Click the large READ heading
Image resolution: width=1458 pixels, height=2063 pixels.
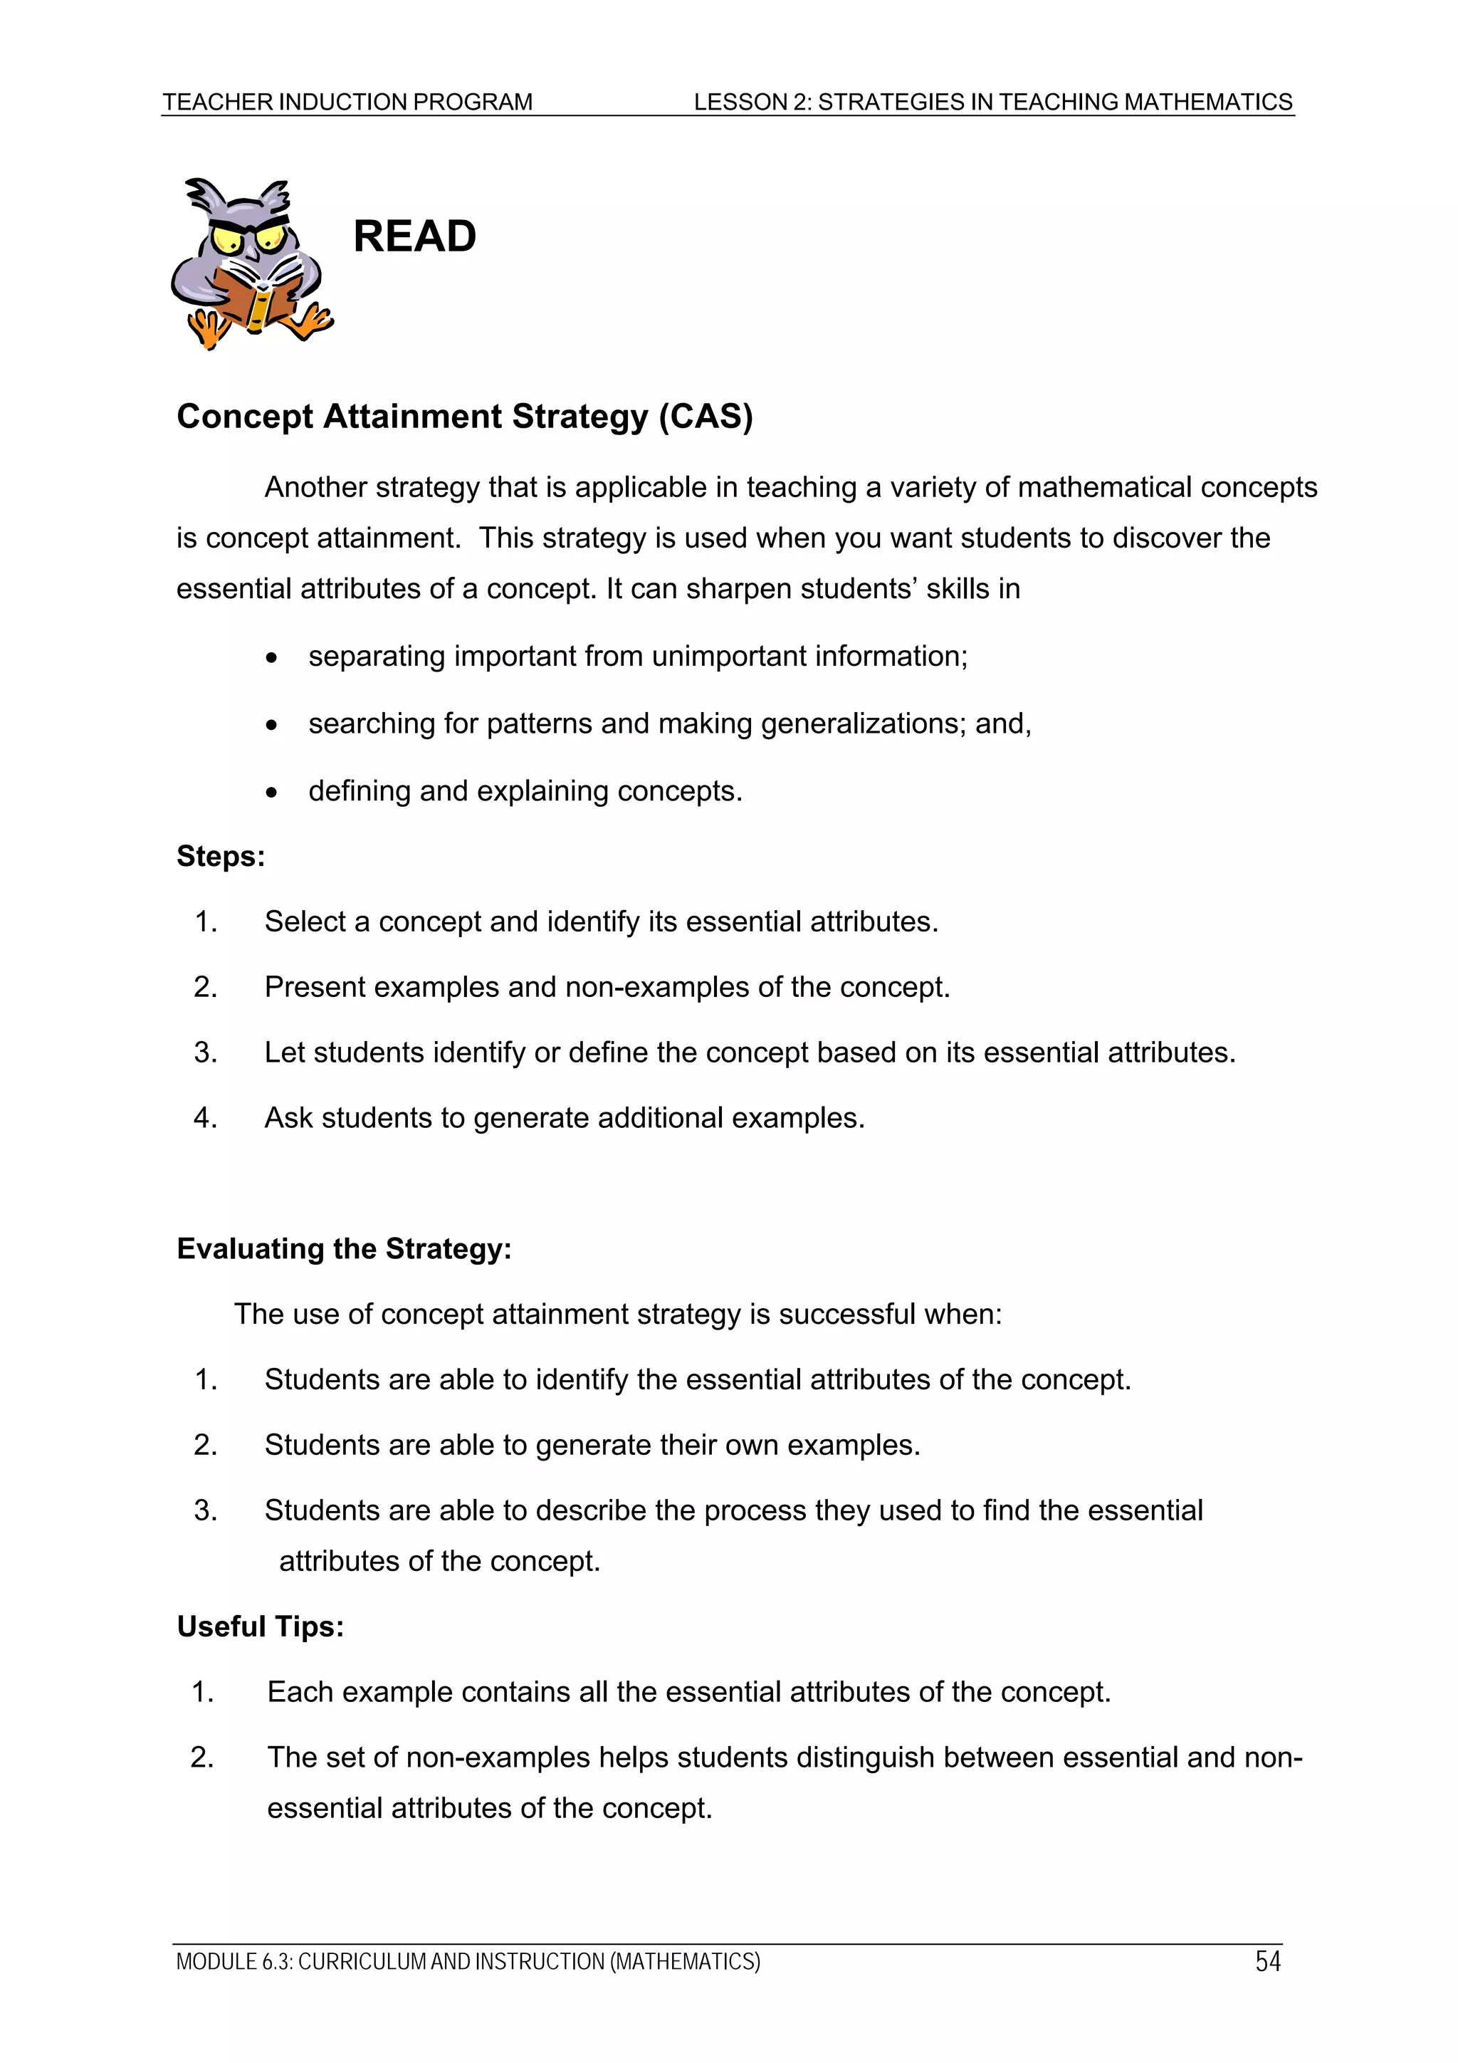pyautogui.click(x=414, y=236)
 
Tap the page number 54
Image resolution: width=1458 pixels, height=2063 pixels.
pyautogui.click(x=1267, y=1960)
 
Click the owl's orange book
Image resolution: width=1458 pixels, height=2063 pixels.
pyautogui.click(x=254, y=298)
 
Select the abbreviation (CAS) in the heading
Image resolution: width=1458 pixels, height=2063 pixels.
pyautogui.click(x=706, y=417)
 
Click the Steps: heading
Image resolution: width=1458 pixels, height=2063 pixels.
pyautogui.click(x=221, y=856)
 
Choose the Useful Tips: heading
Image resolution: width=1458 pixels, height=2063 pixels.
pyautogui.click(x=261, y=1626)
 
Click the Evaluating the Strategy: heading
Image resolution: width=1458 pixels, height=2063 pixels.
pyautogui.click(x=344, y=1249)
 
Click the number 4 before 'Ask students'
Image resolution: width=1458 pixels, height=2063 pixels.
pyautogui.click(x=205, y=1118)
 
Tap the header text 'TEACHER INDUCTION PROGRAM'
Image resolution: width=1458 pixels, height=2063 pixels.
pyautogui.click(x=347, y=102)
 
